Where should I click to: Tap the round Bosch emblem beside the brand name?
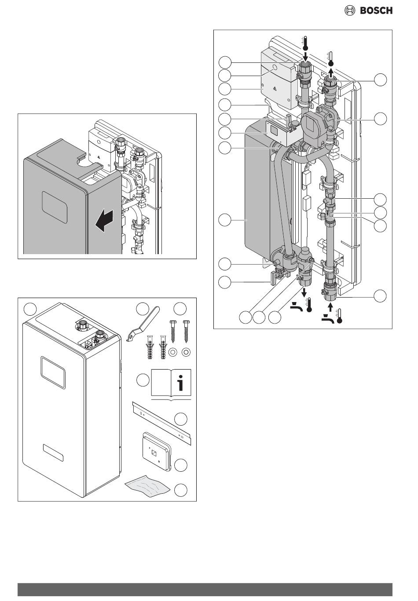click(x=350, y=11)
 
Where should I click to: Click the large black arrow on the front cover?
click(x=105, y=219)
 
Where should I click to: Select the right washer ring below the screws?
click(x=186, y=352)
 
